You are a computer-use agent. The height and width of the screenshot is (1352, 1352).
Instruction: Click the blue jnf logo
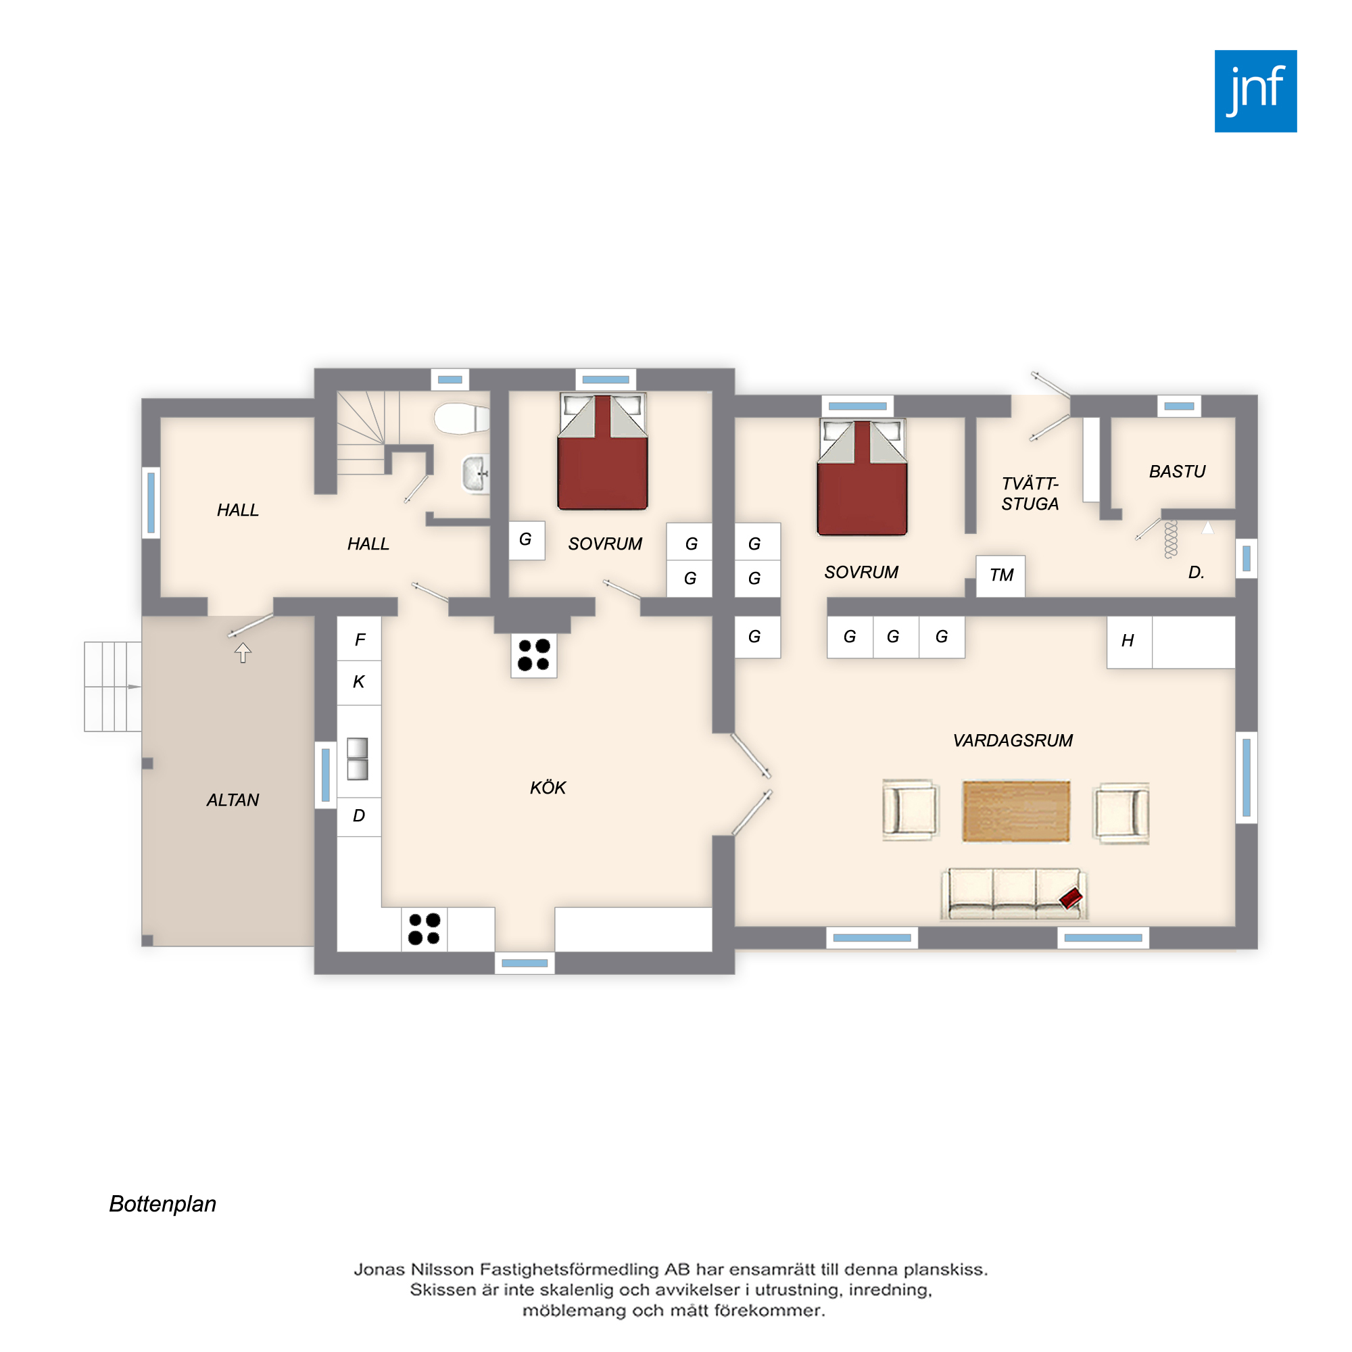(1255, 91)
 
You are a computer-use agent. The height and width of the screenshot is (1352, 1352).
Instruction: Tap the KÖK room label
(548, 788)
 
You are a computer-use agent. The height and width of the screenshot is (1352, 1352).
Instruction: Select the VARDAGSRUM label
(1013, 740)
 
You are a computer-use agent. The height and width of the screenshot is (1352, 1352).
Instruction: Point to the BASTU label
(1177, 472)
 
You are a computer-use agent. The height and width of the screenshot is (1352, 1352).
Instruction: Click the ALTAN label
(233, 800)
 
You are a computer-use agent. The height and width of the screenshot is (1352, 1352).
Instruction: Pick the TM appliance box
(1000, 576)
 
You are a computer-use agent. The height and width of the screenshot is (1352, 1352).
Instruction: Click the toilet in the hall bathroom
(461, 418)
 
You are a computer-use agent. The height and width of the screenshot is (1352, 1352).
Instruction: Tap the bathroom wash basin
(476, 474)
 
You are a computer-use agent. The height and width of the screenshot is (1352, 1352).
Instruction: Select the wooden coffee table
(1016, 812)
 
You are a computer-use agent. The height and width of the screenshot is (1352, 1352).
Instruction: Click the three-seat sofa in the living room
(1014, 894)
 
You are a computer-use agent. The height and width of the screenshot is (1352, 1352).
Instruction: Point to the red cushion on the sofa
(1071, 898)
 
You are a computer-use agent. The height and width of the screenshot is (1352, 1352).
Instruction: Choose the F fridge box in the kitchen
(359, 639)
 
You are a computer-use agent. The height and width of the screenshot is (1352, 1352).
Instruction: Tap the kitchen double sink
(358, 759)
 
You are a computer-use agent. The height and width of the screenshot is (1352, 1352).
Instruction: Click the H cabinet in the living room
(1129, 642)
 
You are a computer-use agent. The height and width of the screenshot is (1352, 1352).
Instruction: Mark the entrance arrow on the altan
(243, 652)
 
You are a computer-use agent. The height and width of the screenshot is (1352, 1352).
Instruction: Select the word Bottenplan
(162, 1204)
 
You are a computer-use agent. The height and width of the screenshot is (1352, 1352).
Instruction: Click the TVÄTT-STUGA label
(1030, 494)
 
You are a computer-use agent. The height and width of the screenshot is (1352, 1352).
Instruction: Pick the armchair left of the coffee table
(910, 810)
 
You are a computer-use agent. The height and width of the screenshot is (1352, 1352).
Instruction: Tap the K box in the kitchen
(359, 681)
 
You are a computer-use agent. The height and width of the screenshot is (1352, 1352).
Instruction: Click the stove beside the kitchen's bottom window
(425, 930)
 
